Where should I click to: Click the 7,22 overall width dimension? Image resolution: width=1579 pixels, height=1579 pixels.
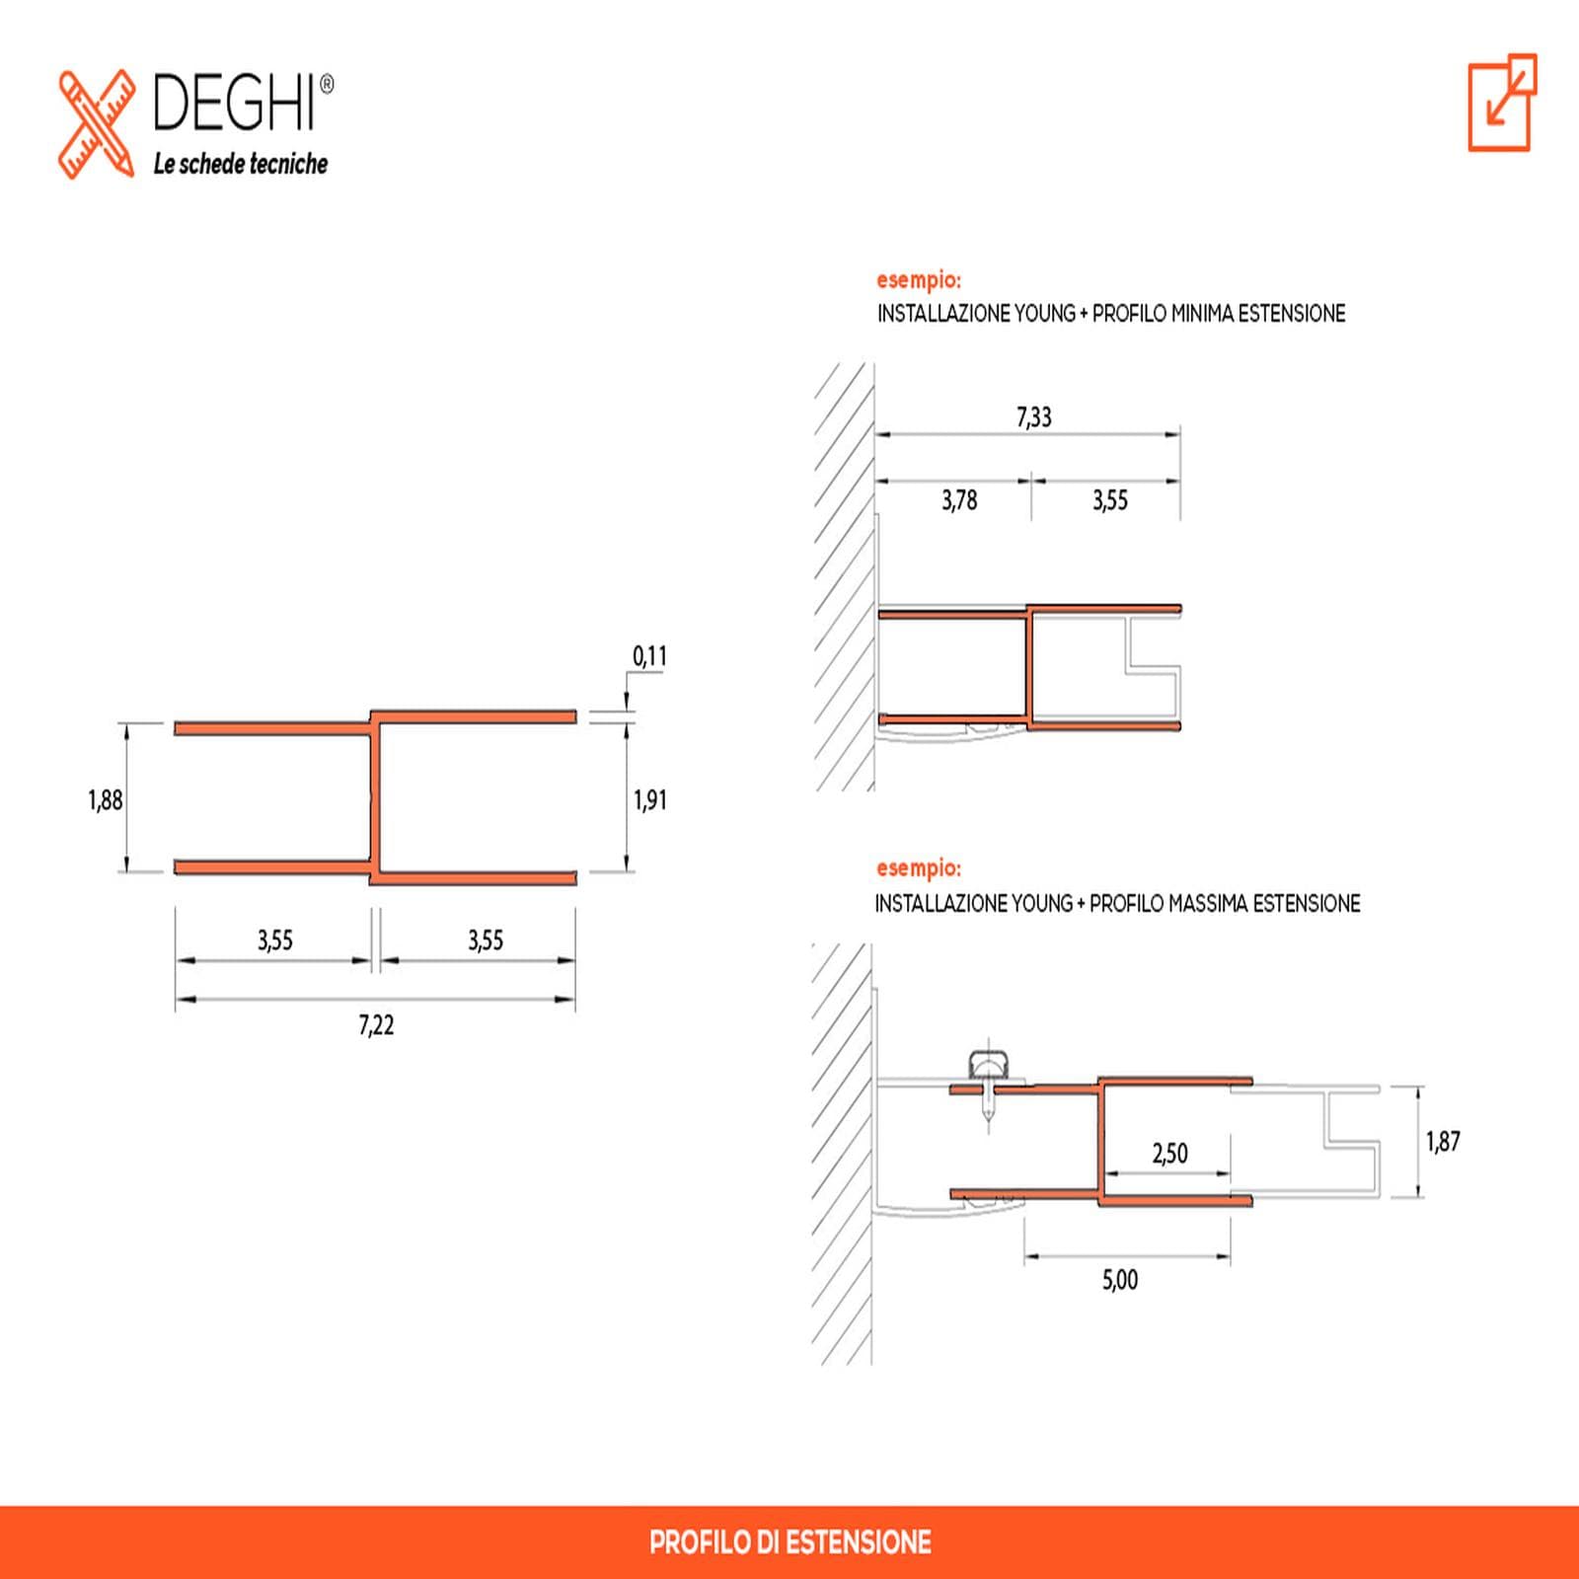(x=376, y=1025)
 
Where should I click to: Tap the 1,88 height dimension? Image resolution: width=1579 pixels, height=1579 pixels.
(x=106, y=799)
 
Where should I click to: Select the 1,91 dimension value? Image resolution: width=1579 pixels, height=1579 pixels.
(x=650, y=799)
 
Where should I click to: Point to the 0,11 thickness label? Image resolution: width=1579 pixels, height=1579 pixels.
(x=649, y=656)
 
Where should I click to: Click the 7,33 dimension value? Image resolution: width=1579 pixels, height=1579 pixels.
(x=1034, y=417)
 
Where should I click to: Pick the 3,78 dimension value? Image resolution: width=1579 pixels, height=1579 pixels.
(x=959, y=500)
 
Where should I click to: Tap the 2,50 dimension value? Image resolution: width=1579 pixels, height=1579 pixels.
(x=1170, y=1153)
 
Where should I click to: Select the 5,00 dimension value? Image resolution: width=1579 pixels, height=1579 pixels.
(x=1120, y=1280)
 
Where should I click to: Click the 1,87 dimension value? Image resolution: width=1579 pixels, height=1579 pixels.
(x=1443, y=1142)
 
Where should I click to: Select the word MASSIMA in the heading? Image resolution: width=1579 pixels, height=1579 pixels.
(x=1202, y=903)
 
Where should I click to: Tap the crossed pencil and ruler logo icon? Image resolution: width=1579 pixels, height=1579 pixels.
(x=96, y=124)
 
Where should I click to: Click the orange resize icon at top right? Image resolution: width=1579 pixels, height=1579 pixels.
(x=1502, y=103)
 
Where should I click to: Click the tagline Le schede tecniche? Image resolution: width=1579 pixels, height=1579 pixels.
(x=240, y=164)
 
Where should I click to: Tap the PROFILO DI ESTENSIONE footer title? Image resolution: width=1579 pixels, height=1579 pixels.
(x=790, y=1542)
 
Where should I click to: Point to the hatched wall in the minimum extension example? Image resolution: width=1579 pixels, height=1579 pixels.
(x=845, y=577)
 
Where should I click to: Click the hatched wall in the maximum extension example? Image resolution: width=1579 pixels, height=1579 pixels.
(x=842, y=1155)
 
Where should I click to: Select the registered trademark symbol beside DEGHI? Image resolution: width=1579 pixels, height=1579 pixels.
(x=328, y=85)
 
